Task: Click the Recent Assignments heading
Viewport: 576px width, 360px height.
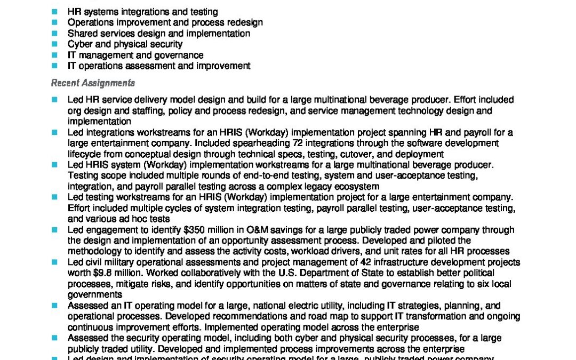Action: tap(93, 83)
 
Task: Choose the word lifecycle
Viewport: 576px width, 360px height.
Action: tap(85, 154)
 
